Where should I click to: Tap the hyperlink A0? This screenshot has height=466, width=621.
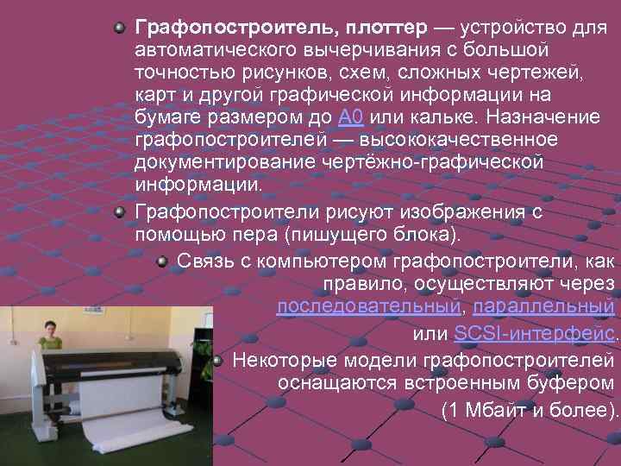pos(349,117)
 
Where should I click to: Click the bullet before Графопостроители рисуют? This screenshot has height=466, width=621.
pos(123,213)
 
